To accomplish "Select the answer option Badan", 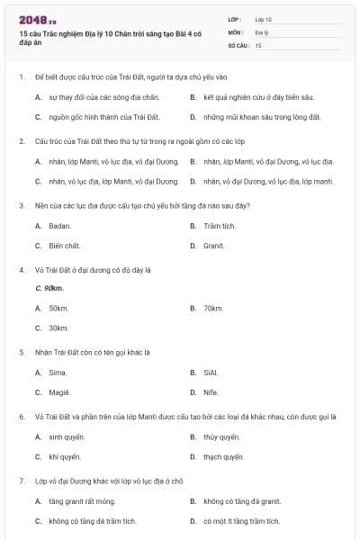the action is coord(59,226).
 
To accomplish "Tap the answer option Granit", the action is coord(213,246).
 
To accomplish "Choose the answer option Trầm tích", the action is coord(219,226).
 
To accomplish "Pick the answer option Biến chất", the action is coord(64,246).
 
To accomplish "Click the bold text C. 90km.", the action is coord(49,288).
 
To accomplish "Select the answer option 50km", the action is coord(58,309).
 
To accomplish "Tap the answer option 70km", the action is coord(213,309).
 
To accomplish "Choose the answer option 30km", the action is coord(58,328).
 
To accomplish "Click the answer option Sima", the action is coord(58,372).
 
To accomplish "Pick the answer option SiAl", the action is coord(211,372).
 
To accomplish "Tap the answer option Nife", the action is coord(210,391).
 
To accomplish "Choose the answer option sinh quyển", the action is coord(67,436).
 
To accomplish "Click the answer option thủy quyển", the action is coord(221,436).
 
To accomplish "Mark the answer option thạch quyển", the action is coord(223,456).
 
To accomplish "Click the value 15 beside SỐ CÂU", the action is coord(258,44).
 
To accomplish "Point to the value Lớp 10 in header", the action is coord(263,18).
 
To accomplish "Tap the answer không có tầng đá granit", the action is coord(242,500).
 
